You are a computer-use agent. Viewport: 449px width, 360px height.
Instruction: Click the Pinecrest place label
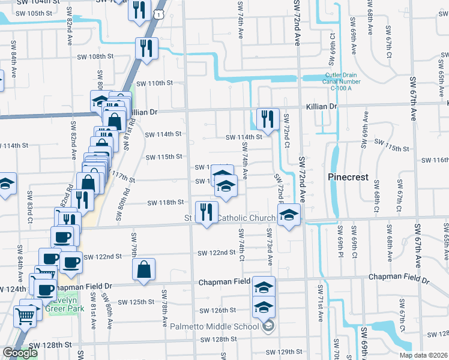point(347,178)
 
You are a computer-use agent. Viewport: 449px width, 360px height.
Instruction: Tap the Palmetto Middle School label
point(216,326)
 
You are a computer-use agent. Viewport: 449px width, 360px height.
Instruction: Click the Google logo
point(20,353)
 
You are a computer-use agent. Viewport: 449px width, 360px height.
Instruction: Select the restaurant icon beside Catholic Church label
point(206,212)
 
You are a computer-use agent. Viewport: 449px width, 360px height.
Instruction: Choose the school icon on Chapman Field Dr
point(264,287)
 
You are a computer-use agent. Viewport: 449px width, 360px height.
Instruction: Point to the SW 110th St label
point(154,83)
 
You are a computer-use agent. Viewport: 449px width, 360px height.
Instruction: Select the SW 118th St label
point(164,203)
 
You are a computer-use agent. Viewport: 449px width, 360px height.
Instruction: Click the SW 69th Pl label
point(339,239)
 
